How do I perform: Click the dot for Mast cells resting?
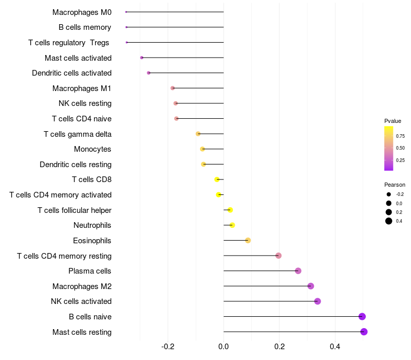(x=364, y=332)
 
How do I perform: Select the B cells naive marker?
(x=362, y=316)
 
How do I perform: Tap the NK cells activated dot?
(x=317, y=301)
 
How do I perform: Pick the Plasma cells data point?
(x=298, y=271)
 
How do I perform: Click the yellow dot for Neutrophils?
(x=232, y=225)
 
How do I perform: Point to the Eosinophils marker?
(x=248, y=240)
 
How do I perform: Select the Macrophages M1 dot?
(x=173, y=88)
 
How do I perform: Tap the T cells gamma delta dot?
(x=198, y=134)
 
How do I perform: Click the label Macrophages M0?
(x=82, y=12)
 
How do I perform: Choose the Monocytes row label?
(x=92, y=149)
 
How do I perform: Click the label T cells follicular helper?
(x=74, y=210)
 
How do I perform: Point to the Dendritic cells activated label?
(x=71, y=73)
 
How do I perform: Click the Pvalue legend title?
(x=393, y=121)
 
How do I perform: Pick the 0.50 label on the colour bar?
(x=400, y=148)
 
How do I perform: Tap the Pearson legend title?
(x=395, y=185)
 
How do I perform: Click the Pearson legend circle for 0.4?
(x=389, y=221)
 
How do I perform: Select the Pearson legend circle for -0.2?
(x=389, y=194)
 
